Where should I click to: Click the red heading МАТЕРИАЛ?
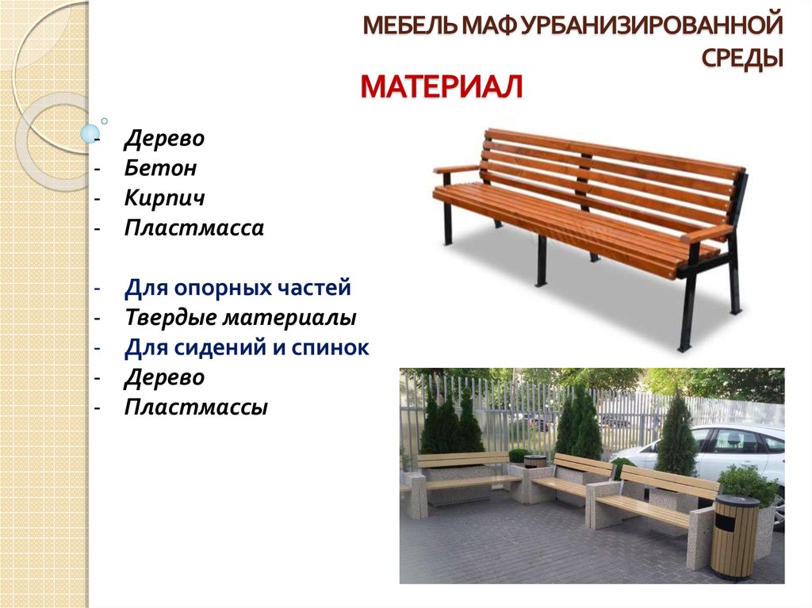(x=441, y=86)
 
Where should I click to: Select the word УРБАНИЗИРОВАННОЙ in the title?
(x=652, y=25)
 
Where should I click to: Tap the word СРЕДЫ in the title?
(x=742, y=58)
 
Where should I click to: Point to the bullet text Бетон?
(x=160, y=168)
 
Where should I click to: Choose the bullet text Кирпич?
(x=165, y=198)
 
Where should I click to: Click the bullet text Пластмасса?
(x=194, y=228)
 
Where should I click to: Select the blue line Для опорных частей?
(x=238, y=288)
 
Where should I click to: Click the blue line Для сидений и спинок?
(x=247, y=347)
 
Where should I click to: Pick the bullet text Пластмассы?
(x=197, y=407)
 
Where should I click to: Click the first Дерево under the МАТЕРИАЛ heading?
(x=165, y=138)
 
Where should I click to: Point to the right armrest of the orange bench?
(x=707, y=234)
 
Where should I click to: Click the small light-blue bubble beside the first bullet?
(x=90, y=134)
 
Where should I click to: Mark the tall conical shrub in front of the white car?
(x=676, y=438)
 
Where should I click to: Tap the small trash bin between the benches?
(x=532, y=462)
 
